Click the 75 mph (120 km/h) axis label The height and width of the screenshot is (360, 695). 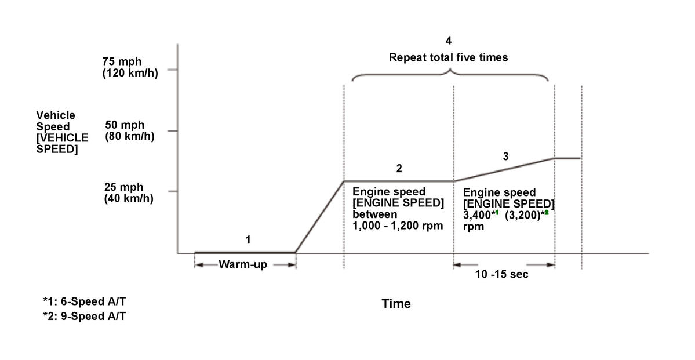[130, 67]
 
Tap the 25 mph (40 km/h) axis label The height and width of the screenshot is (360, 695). [129, 192]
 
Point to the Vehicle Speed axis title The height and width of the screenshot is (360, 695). [62, 132]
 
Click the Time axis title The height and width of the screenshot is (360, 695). [396, 304]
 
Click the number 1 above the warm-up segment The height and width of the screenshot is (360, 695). [248, 239]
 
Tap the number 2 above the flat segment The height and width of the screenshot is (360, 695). [399, 169]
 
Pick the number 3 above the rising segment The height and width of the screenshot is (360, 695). [505, 156]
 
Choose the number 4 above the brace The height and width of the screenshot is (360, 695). [448, 41]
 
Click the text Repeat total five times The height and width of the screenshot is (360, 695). [448, 57]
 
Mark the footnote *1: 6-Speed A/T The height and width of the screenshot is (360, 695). [83, 301]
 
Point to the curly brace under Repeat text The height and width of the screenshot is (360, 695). [450, 76]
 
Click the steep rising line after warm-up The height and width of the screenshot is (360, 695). [319, 217]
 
